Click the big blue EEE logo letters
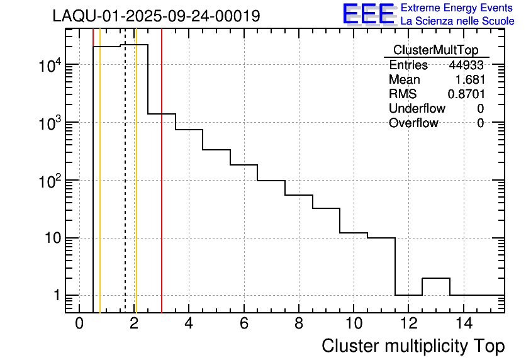pos(369,14)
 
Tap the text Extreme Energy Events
pos(457,8)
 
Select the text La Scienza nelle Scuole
pos(457,21)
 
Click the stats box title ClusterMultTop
pos(435,50)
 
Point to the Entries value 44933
pos(466,65)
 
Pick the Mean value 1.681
pos(471,80)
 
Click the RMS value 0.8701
pos(466,94)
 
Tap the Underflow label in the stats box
pos(417,109)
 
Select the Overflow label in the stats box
pos(413,123)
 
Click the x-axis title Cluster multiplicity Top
pos(413,346)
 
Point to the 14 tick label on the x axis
pos(463,324)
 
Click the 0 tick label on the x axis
pos(79,324)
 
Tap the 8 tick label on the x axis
pos(298,324)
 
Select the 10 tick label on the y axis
pos(50,239)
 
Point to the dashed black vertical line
pos(125,189)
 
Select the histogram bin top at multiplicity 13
pos(436,278)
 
